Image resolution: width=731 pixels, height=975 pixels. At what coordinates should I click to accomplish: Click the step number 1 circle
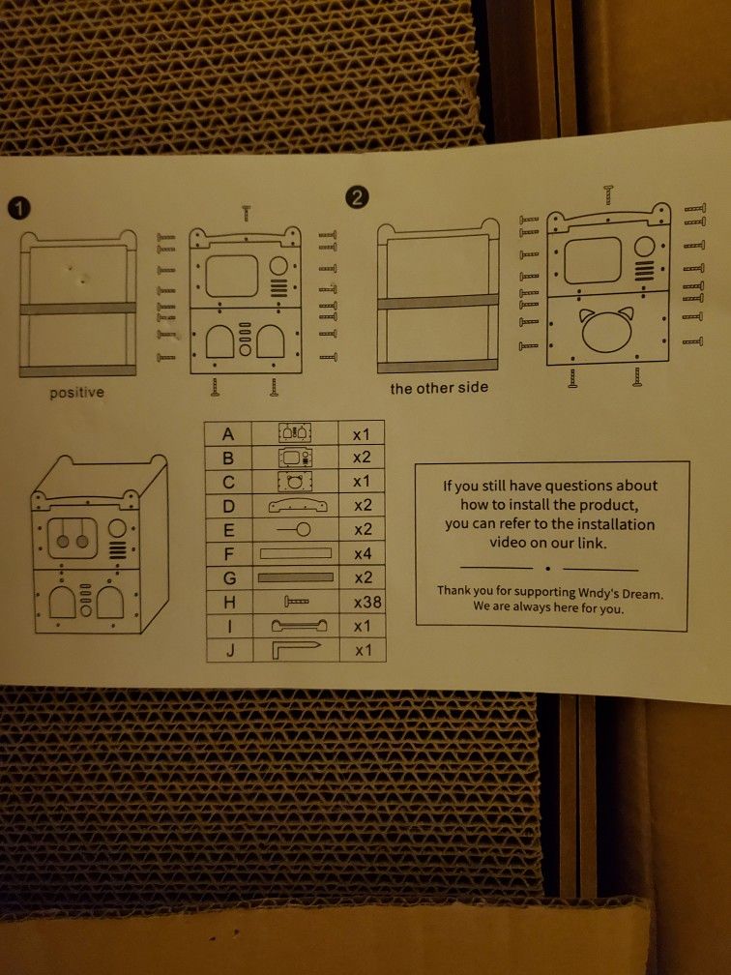click(18, 207)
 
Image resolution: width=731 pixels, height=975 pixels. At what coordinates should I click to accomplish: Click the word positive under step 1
click(77, 393)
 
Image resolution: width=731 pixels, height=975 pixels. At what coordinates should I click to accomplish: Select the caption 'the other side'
click(439, 388)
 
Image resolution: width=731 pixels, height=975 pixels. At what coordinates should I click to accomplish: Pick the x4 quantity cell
click(363, 554)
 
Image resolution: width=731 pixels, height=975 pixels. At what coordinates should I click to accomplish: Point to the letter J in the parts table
click(230, 650)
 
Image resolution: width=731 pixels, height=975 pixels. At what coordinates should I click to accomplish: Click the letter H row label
click(230, 602)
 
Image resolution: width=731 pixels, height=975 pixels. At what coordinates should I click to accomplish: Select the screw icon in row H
click(296, 602)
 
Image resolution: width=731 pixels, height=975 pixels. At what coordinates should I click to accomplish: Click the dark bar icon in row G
click(296, 577)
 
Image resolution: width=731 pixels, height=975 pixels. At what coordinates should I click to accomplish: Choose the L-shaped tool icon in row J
click(296, 650)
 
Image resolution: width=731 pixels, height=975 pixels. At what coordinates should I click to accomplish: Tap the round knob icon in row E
click(296, 529)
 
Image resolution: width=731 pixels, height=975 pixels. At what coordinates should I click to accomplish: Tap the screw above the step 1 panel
click(247, 212)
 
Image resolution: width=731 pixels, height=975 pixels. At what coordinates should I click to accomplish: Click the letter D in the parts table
click(229, 505)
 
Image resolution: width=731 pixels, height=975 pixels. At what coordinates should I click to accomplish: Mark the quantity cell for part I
click(363, 627)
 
